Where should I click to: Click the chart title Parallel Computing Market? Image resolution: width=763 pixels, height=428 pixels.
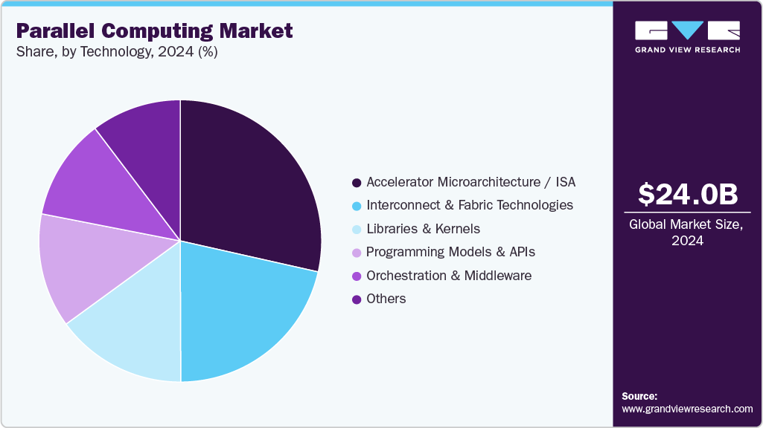154,31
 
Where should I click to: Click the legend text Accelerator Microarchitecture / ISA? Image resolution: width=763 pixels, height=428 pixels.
470,182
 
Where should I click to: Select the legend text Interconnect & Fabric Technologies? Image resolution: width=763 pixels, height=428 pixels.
469,205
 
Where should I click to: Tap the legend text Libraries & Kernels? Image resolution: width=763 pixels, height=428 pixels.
423,229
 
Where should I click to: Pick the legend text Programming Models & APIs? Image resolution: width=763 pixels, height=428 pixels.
450,252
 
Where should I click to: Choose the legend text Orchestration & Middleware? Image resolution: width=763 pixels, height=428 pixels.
448,276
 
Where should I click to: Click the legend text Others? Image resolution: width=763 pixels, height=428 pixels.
386,299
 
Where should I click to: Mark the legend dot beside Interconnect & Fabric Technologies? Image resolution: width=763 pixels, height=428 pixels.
357,206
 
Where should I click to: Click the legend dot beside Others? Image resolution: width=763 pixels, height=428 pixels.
357,299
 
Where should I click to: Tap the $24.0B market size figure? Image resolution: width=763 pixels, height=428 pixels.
688,195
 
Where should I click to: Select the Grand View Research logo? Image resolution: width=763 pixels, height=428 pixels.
688,36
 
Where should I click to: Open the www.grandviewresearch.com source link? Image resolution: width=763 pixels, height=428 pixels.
687,409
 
